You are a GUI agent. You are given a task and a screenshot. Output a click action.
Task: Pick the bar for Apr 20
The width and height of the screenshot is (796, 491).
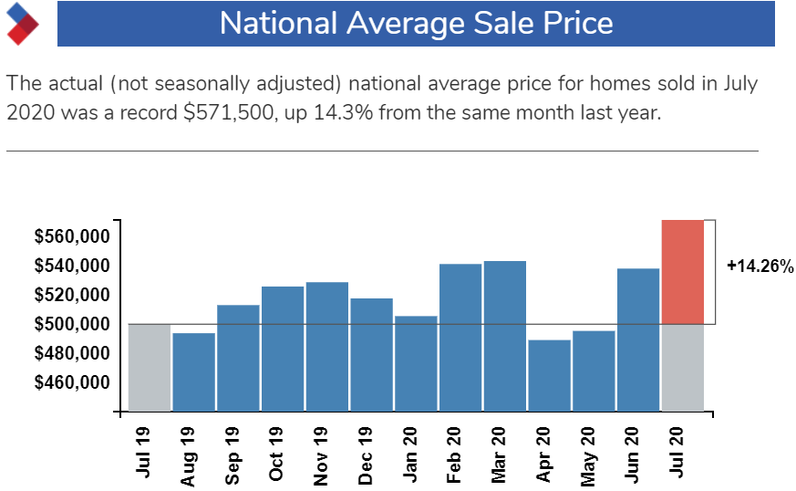549,375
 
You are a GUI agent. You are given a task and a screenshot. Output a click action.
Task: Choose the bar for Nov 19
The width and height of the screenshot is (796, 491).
326,347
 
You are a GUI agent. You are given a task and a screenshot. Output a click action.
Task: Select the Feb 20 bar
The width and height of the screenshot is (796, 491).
460,338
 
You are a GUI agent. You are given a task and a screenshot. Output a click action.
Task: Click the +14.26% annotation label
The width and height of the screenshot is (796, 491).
760,266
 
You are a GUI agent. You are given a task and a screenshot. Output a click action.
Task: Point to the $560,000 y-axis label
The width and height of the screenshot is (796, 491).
72,237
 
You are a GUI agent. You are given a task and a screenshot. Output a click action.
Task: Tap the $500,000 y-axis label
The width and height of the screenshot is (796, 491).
72,324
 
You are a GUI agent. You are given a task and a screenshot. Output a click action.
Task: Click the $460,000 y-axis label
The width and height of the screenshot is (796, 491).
72,382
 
